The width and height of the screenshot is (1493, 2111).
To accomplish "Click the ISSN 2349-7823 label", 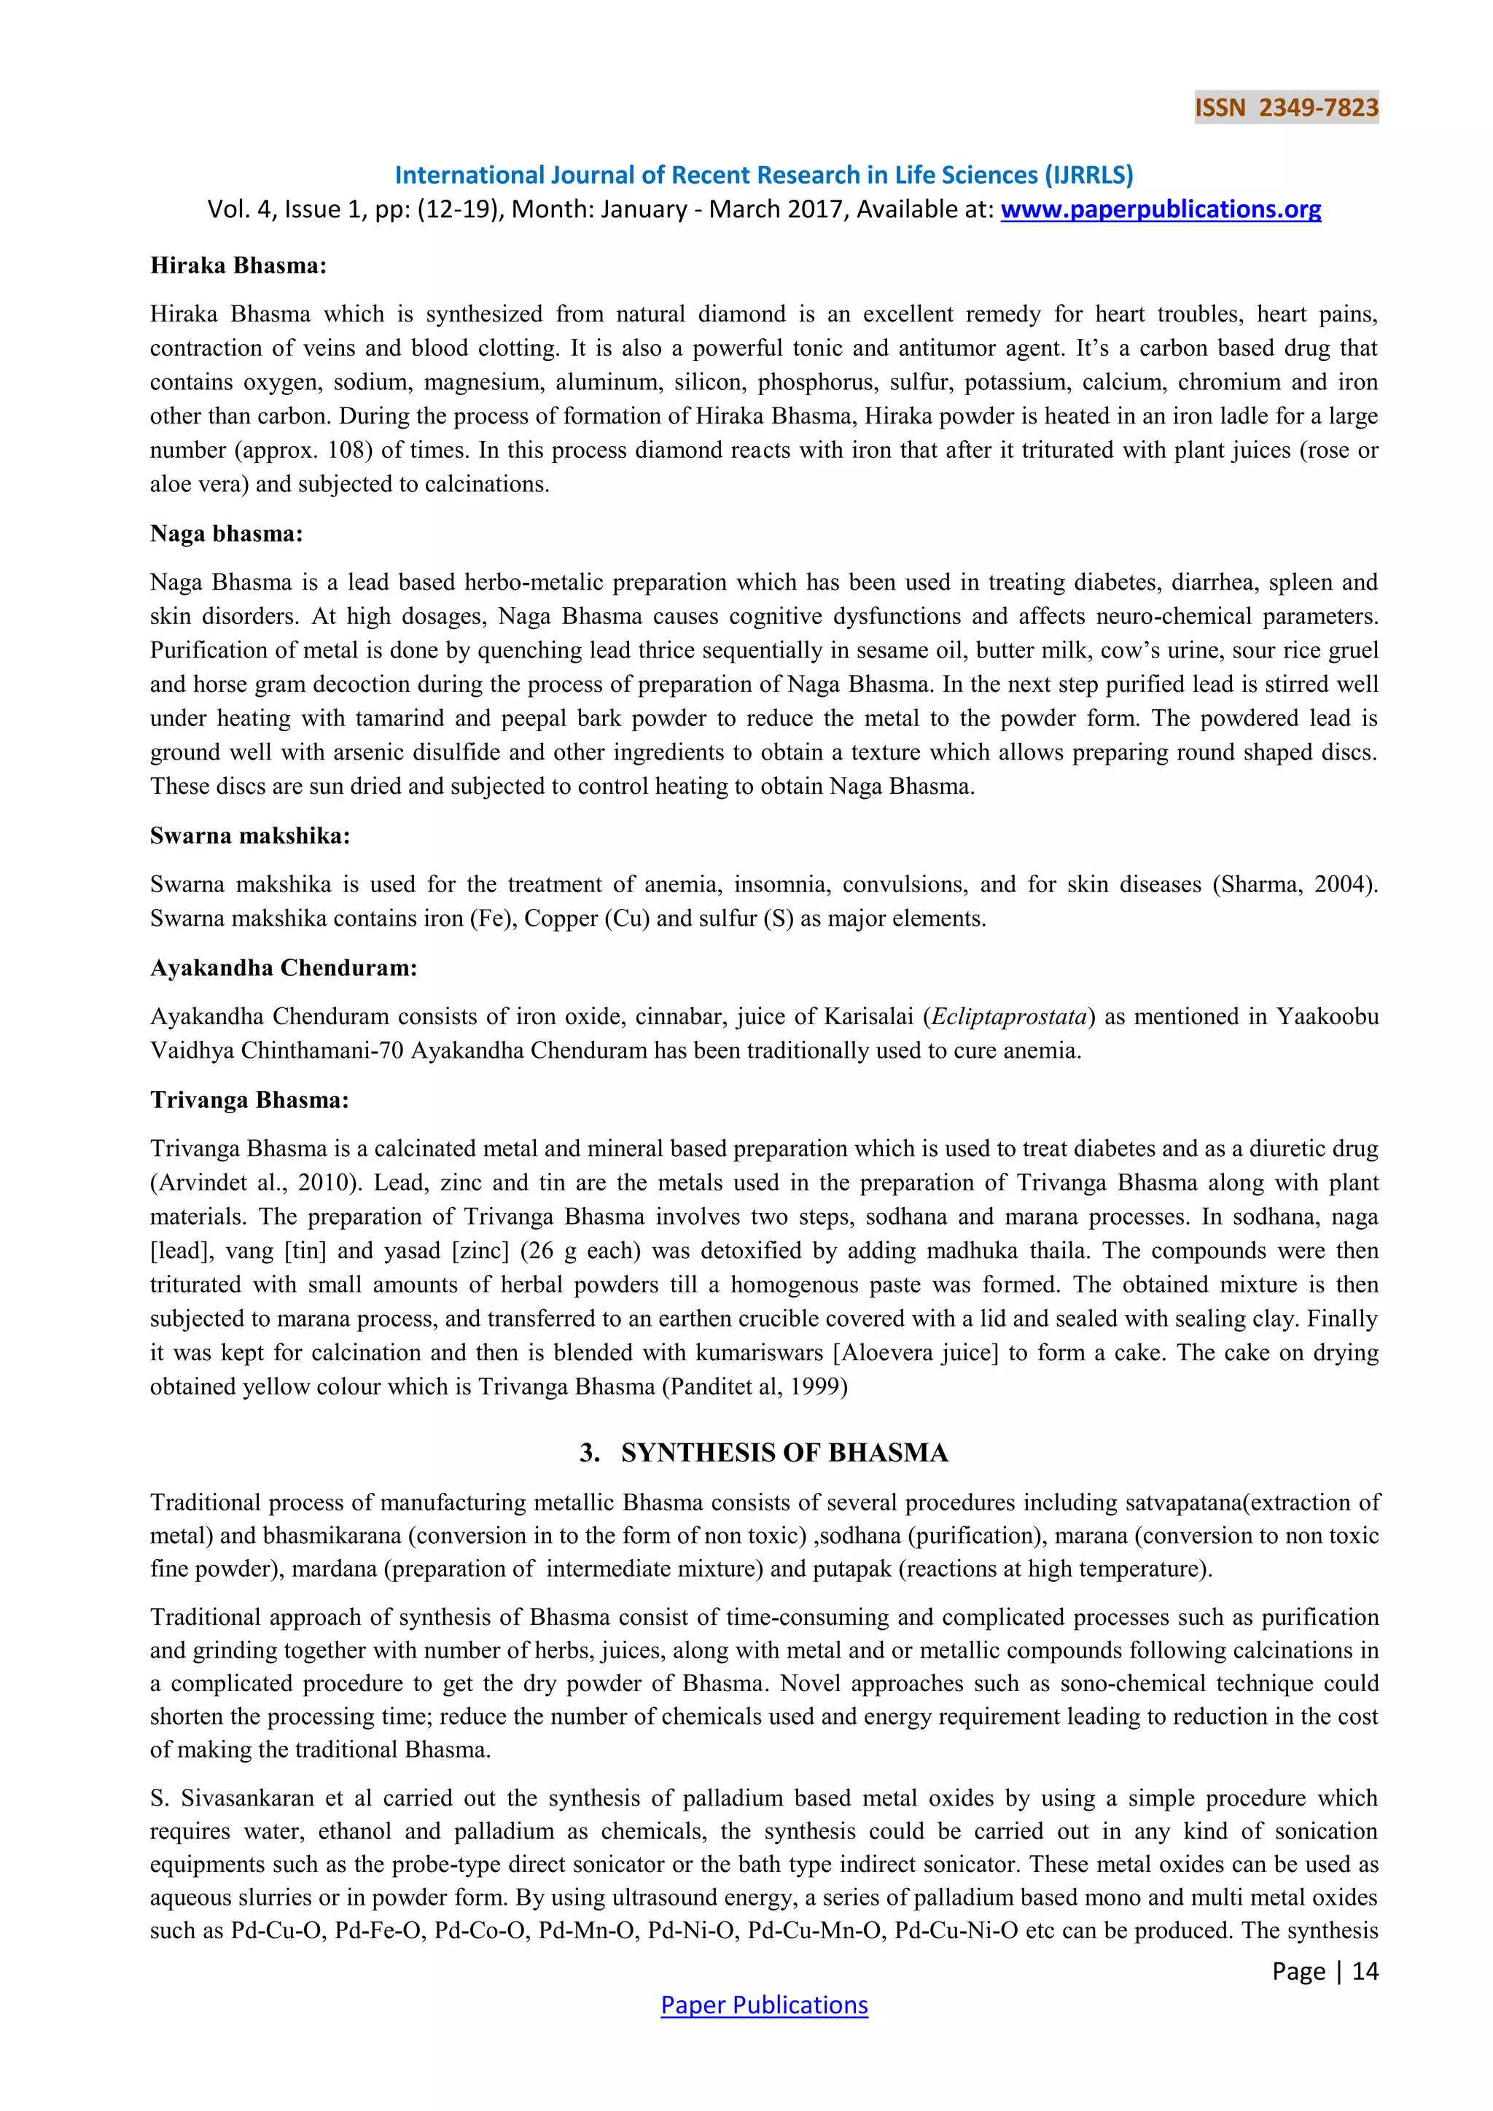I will pyautogui.click(x=1285, y=108).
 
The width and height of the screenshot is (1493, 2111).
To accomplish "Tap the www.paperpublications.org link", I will pyautogui.click(x=1160, y=210).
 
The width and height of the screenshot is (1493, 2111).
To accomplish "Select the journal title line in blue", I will pyautogui.click(x=763, y=175).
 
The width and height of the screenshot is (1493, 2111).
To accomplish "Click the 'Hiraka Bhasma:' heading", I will pyautogui.click(x=238, y=266).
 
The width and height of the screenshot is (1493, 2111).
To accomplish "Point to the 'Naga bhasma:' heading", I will pyautogui.click(x=226, y=534).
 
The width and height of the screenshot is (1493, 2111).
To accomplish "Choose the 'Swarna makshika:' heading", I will pyautogui.click(x=250, y=836).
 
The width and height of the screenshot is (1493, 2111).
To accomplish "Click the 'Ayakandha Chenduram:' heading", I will pyautogui.click(x=283, y=968).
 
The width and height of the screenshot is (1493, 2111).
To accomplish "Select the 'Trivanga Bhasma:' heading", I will pyautogui.click(x=249, y=1101).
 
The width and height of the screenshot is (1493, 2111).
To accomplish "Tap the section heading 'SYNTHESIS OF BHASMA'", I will pyautogui.click(x=783, y=1453).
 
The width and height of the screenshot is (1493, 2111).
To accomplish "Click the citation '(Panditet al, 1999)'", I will pyautogui.click(x=754, y=1386).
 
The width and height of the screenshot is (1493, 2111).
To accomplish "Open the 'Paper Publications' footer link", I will pyautogui.click(x=763, y=2005).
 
